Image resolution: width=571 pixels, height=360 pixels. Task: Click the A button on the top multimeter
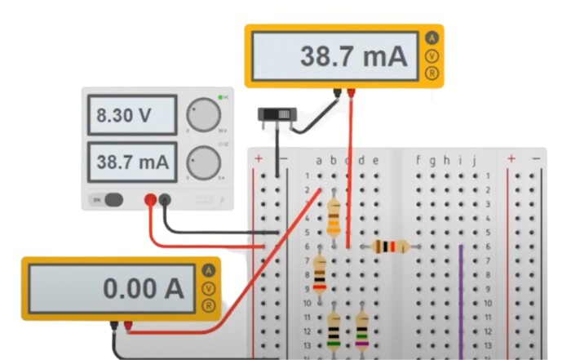432,38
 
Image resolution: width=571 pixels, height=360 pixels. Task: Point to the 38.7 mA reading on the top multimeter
352,56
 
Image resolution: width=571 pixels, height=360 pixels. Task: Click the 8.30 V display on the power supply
131,116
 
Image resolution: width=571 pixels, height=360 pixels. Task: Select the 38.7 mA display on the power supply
131,163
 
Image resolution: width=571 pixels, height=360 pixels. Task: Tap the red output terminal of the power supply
150,199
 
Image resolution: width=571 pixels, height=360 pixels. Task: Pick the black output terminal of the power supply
166,199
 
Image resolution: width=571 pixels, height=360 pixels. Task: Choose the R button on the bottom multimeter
209,306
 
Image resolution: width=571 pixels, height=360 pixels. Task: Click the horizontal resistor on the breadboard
390,246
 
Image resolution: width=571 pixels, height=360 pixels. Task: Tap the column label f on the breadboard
418,161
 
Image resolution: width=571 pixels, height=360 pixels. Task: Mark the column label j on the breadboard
474,161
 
